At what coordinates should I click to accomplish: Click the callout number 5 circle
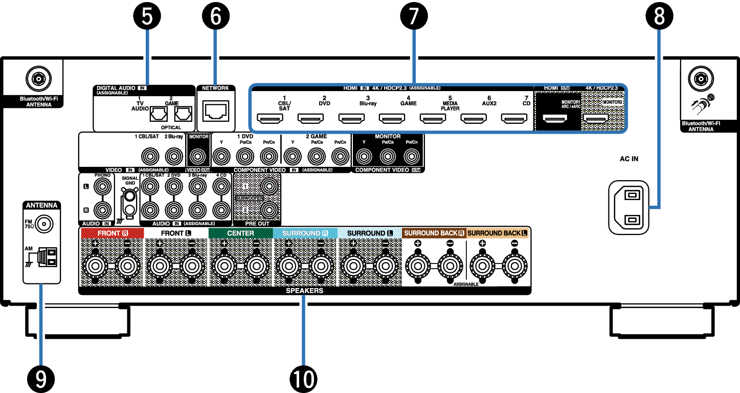click(x=147, y=16)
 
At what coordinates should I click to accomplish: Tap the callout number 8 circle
click(x=660, y=16)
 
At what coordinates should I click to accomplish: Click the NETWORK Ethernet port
click(x=216, y=110)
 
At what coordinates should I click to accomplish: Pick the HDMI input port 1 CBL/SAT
click(x=270, y=120)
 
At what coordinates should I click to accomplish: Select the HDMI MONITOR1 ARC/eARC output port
click(x=555, y=120)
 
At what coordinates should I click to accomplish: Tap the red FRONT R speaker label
click(x=110, y=233)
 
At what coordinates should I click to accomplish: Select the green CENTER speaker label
click(x=240, y=233)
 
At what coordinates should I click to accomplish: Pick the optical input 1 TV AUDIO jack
click(x=157, y=114)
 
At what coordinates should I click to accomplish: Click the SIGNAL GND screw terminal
click(x=130, y=195)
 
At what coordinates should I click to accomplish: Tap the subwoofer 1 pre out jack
click(x=269, y=187)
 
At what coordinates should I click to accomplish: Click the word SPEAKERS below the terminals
click(x=305, y=291)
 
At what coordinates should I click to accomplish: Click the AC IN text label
click(x=629, y=159)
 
